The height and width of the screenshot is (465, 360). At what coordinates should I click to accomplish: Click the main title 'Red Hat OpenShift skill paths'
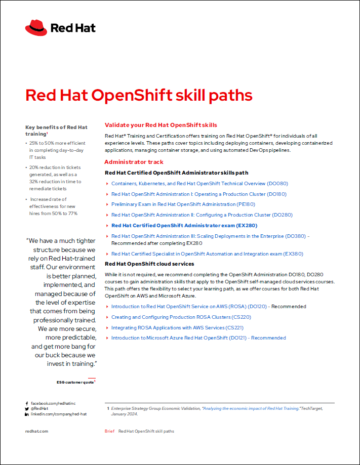pyautogui.click(x=138, y=96)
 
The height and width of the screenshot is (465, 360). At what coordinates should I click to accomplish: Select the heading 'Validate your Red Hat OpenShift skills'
pyautogui.click(x=161, y=125)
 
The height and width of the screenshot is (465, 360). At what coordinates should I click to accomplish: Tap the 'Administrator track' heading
pyautogui.click(x=134, y=162)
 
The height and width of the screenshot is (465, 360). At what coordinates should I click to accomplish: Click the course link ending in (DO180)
pyautogui.click(x=199, y=194)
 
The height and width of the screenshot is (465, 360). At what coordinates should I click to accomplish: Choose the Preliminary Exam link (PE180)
pyautogui.click(x=183, y=204)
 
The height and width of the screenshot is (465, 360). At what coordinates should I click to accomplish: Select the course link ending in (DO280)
pyautogui.click(x=202, y=215)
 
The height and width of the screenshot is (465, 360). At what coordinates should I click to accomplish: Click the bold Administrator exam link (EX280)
pyautogui.click(x=184, y=225)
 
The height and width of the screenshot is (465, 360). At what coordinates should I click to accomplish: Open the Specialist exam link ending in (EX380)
pyautogui.click(x=207, y=254)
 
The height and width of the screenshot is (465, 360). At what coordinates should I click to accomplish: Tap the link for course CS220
pyautogui.click(x=181, y=317)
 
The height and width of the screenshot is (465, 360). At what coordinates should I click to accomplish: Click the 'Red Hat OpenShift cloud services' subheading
pyautogui.click(x=149, y=264)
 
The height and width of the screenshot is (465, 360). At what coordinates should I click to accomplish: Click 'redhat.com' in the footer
pyautogui.click(x=36, y=431)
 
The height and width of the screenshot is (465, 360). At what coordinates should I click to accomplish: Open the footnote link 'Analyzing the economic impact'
pyautogui.click(x=250, y=408)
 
